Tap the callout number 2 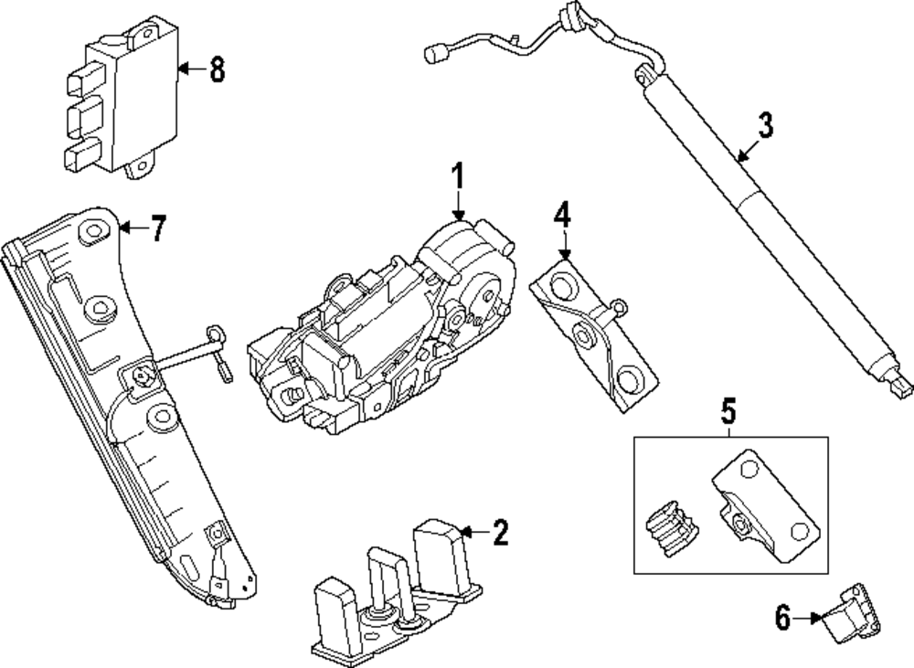(499, 532)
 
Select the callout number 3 (765, 125)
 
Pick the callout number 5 (728, 412)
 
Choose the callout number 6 (782, 619)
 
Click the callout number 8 (217, 69)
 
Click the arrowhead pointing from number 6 (817, 619)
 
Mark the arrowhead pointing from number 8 (180, 69)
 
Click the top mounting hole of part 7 (94, 232)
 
